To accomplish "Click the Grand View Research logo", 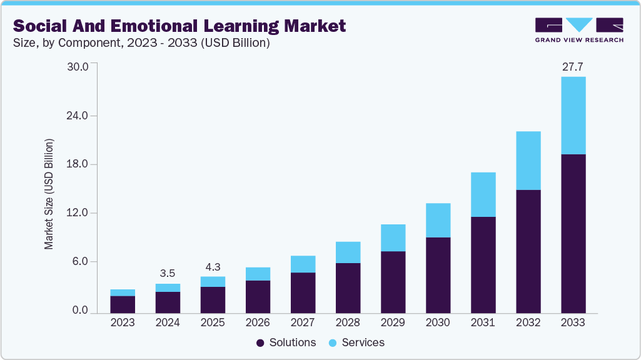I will tap(578, 29).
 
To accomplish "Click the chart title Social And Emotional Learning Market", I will tap(179, 26).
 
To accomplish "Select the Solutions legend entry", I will tap(286, 342).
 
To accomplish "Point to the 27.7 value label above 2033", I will tap(573, 66).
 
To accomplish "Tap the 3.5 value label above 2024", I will tap(168, 273).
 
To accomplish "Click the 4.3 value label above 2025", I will tap(213, 266).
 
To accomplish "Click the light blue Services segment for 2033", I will tap(573, 116).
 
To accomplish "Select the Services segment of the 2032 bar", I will tap(528, 161).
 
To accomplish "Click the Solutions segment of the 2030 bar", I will tap(438, 275).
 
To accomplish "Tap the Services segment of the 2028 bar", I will tap(348, 252).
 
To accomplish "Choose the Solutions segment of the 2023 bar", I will tap(123, 304).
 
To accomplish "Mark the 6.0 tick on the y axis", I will tap(81, 262).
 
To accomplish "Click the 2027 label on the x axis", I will tap(303, 323).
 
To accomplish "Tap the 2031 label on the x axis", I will tap(483, 323).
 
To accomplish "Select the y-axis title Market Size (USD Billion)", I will tap(49, 194).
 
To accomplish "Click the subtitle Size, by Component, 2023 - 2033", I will tap(141, 44).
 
